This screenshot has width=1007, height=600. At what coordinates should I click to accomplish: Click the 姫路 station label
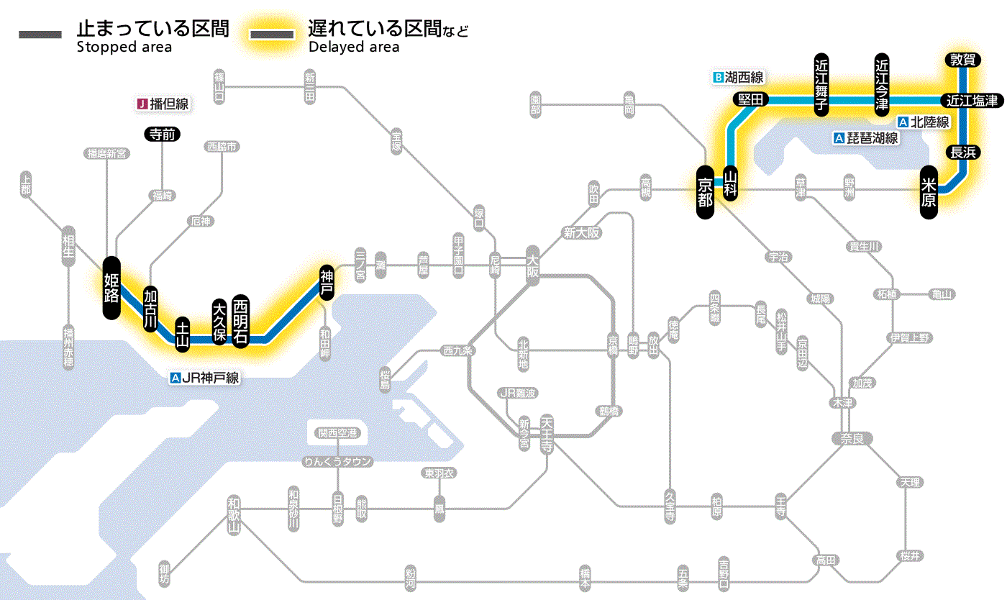pyautogui.click(x=111, y=288)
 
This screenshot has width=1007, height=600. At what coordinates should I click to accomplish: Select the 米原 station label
pyautogui.click(x=929, y=192)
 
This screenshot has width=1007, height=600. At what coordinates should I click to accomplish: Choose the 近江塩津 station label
pyautogui.click(x=972, y=101)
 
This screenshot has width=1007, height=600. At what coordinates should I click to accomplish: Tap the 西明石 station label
pyautogui.click(x=240, y=322)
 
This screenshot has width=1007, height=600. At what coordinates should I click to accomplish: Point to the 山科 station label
pyautogui.click(x=731, y=183)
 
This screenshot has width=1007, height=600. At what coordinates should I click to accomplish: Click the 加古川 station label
pyautogui.click(x=150, y=309)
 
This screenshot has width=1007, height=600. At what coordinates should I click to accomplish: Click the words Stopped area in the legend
pyautogui.click(x=124, y=47)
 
